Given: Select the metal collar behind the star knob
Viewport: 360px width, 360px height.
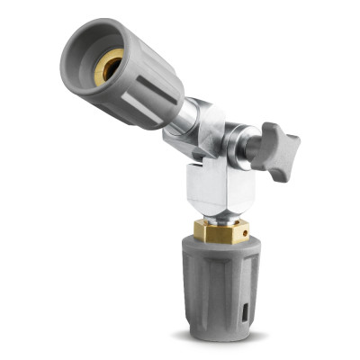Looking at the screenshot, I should (x=242, y=148).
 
